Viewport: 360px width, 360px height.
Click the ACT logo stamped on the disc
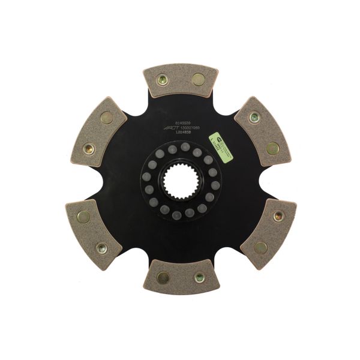(x=172, y=127)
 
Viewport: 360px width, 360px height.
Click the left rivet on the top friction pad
(x=162, y=79)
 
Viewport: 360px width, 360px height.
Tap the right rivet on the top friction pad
(x=198, y=79)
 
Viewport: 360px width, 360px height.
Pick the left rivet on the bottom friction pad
(x=163, y=277)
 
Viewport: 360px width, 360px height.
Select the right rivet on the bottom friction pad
(x=199, y=277)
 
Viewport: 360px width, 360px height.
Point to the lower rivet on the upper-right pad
(x=272, y=148)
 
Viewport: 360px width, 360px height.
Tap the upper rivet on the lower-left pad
(x=83, y=216)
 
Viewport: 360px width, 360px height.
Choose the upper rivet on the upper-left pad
(x=107, y=118)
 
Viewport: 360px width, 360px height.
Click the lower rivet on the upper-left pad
(x=89, y=148)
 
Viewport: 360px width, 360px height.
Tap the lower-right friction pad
(x=268, y=232)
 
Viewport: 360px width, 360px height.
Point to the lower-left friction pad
(x=94, y=232)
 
